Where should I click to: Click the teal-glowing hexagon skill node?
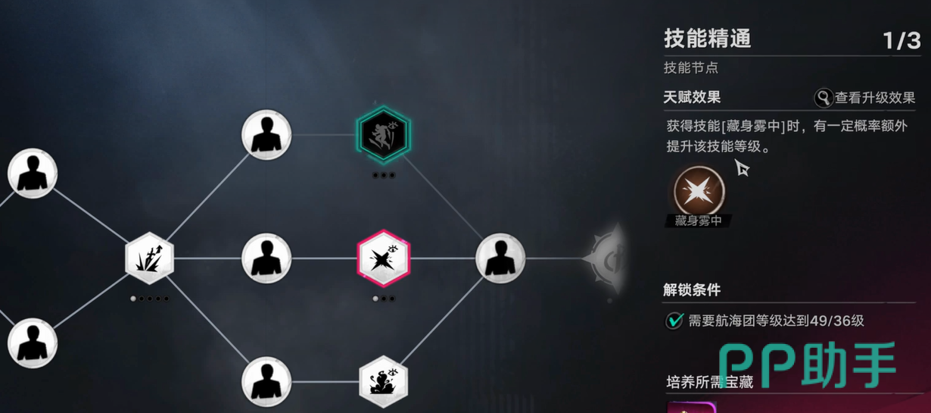tap(383, 134)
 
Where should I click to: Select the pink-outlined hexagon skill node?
tap(383, 258)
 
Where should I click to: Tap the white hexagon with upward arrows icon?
tap(149, 258)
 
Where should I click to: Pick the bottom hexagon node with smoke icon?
tap(383, 381)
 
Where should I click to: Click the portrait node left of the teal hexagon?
tap(266, 135)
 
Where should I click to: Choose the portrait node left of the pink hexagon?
tap(266, 258)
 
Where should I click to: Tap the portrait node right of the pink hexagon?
tap(500, 258)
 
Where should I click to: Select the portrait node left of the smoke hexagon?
tap(266, 381)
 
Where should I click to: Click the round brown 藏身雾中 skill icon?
tap(699, 191)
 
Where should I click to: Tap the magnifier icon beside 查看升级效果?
tap(823, 99)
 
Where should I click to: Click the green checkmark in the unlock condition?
tap(674, 321)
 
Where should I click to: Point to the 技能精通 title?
tap(708, 39)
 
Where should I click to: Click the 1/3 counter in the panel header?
tap(901, 41)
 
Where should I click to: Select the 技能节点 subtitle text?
tap(691, 67)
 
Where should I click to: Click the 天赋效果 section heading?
tap(692, 97)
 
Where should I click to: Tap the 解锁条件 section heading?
tap(692, 290)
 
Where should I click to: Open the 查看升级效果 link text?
tap(875, 99)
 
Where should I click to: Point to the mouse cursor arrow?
tap(742, 167)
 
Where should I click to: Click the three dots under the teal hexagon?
tap(384, 175)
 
